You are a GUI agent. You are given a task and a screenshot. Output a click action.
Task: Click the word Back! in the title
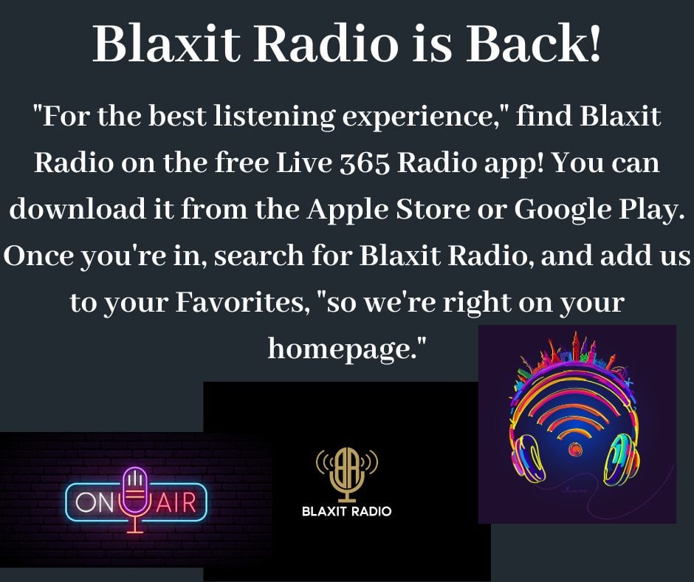pos(534,44)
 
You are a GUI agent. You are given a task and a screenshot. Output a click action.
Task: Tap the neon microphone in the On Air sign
pos(134,499)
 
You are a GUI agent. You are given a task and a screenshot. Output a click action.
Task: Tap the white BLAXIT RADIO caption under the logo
pos(346,512)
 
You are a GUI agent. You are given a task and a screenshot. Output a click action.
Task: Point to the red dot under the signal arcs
pos(575,449)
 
